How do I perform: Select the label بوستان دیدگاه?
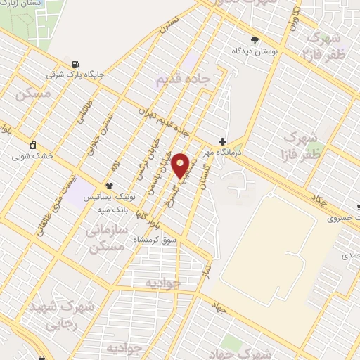click(x=255, y=51)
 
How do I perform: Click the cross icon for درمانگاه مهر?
click(x=222, y=141)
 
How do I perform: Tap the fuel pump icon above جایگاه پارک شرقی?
click(x=75, y=63)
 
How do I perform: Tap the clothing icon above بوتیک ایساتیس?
click(x=108, y=186)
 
